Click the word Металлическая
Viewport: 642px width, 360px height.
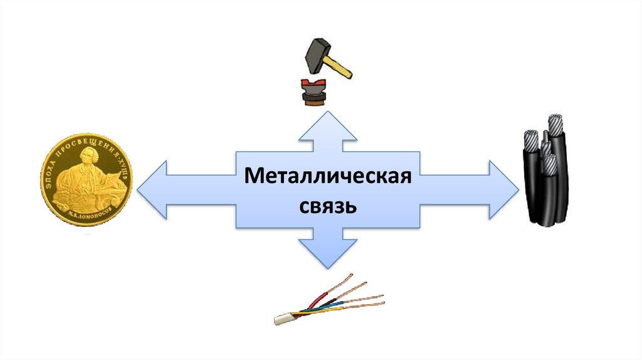click(327, 176)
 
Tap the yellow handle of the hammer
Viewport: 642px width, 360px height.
click(341, 67)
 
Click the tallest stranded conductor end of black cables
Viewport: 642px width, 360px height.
click(555, 120)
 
